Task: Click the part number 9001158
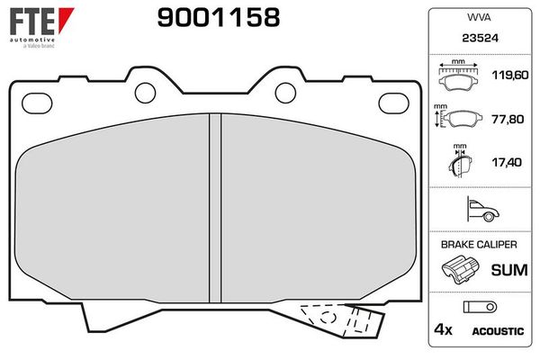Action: tap(219, 17)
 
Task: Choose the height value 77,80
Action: tap(506, 118)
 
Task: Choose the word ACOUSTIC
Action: tap(497, 331)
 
